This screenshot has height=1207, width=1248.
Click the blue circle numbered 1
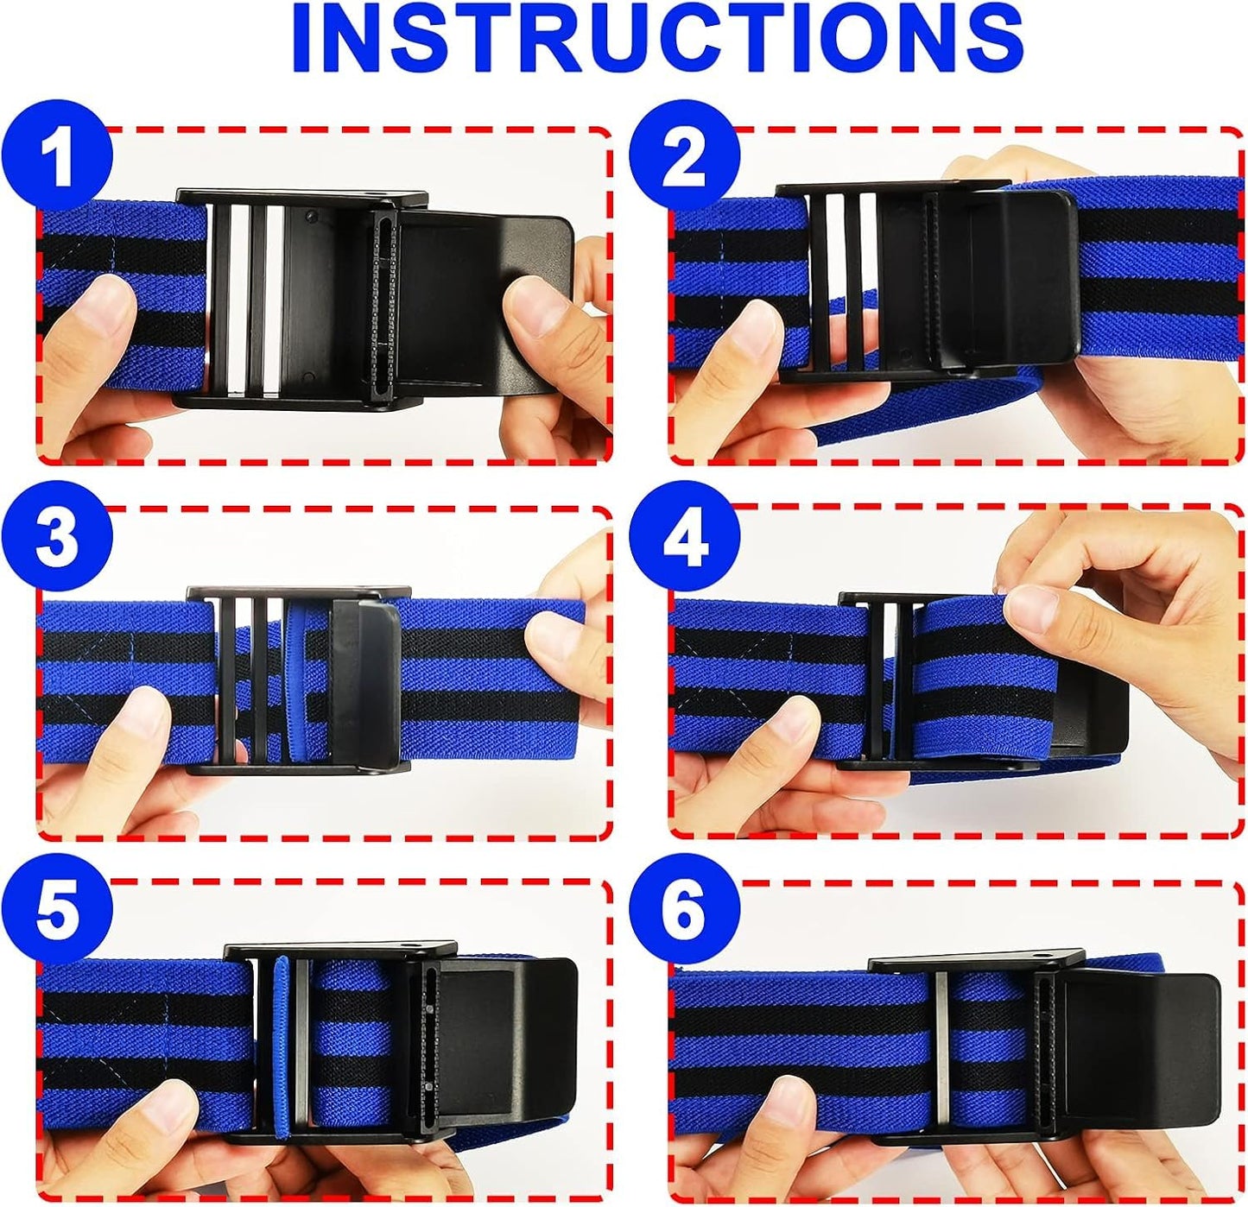(57, 157)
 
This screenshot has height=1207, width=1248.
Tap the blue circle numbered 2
(684, 157)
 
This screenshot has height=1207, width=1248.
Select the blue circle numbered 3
(57, 536)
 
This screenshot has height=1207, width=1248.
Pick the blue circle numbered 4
(684, 540)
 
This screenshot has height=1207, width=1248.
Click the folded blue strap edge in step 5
(282, 1049)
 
